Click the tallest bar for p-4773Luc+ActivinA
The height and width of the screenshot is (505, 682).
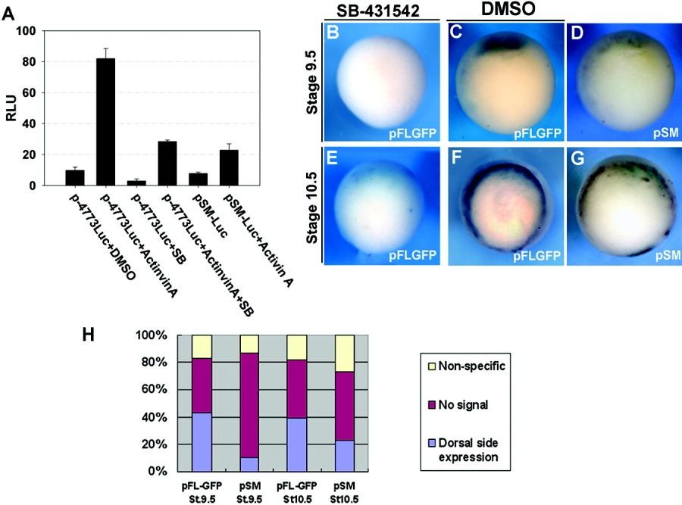(105, 122)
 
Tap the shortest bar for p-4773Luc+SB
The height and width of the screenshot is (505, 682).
(136, 182)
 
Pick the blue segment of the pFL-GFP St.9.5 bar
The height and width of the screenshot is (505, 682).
(202, 441)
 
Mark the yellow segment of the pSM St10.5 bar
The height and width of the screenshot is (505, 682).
(345, 353)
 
